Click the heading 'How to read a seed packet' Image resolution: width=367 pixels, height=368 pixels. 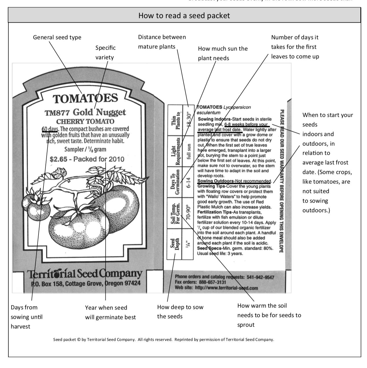pyautogui.click(x=184, y=15)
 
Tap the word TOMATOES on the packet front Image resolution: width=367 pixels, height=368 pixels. pyautogui.click(x=85, y=99)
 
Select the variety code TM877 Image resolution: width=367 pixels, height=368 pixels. pyautogui.click(x=57, y=113)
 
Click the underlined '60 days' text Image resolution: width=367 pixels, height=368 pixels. pyautogui.click(x=50, y=129)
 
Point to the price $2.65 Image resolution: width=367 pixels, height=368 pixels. pyautogui.click(x=58, y=159)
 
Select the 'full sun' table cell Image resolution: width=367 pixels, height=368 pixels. pyautogui.click(x=189, y=152)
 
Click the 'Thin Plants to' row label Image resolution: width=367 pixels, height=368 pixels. pyautogui.click(x=175, y=121)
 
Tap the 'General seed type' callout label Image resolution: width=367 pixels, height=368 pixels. pyautogui.click(x=57, y=37)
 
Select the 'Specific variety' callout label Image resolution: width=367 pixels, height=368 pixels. pyautogui.click(x=105, y=52)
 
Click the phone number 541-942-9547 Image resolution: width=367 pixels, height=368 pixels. pyautogui.click(x=260, y=277)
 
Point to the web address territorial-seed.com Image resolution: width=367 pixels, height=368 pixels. pyautogui.click(x=226, y=288)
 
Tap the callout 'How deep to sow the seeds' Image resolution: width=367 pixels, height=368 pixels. pyautogui.click(x=180, y=311)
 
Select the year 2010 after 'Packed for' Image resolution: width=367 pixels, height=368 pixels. pyautogui.click(x=116, y=159)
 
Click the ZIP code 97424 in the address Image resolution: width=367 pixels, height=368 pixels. pyautogui.click(x=132, y=283)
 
